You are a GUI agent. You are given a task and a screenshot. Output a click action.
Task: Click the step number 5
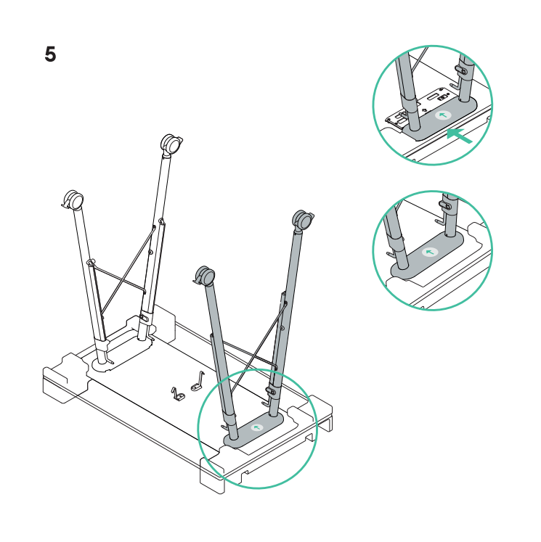(50, 54)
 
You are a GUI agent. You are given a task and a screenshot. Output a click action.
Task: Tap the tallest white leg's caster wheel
(171, 144)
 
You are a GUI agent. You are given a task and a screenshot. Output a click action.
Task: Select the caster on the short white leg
(73, 200)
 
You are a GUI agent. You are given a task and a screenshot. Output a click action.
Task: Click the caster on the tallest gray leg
(303, 220)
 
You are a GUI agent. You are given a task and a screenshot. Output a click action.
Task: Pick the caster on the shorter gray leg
(205, 276)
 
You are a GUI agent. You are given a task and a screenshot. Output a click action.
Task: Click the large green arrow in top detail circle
(460, 135)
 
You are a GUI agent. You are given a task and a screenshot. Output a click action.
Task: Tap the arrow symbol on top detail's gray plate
(443, 115)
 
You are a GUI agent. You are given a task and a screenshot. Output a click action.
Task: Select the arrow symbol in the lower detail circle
(430, 252)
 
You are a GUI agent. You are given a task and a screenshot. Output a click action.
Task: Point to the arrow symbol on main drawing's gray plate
(256, 427)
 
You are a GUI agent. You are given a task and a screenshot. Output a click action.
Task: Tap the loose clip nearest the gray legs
(198, 382)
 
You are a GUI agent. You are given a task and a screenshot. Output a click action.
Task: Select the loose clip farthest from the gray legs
(178, 394)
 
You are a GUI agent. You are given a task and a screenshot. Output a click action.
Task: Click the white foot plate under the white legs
(122, 353)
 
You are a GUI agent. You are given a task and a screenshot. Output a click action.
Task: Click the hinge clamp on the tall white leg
(144, 317)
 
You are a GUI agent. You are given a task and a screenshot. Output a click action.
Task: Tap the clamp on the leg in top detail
(460, 70)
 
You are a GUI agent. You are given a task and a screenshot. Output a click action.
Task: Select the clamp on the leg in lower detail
(446, 205)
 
